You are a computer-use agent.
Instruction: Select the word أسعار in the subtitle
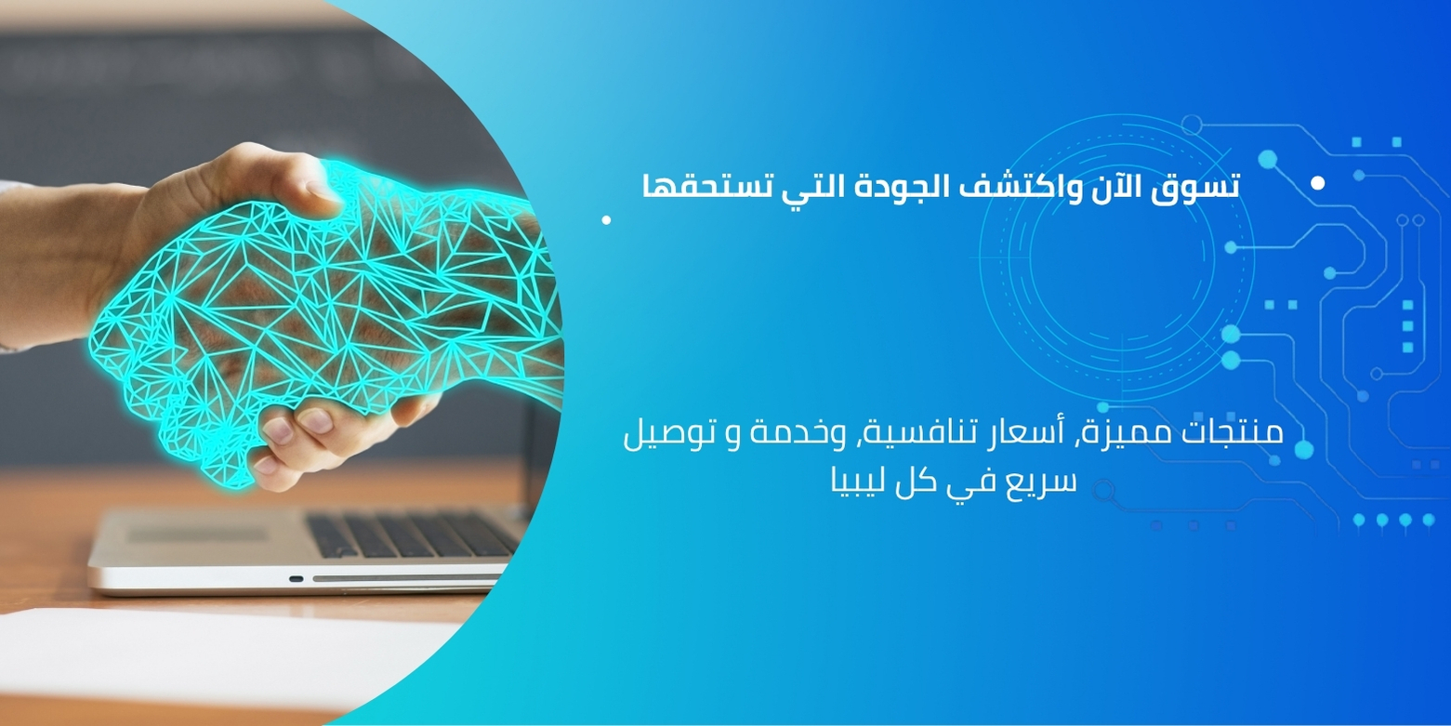click(1025, 431)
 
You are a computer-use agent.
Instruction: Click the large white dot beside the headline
click(1317, 184)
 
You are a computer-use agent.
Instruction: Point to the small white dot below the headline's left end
click(606, 220)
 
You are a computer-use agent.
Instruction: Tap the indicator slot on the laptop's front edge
click(296, 578)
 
